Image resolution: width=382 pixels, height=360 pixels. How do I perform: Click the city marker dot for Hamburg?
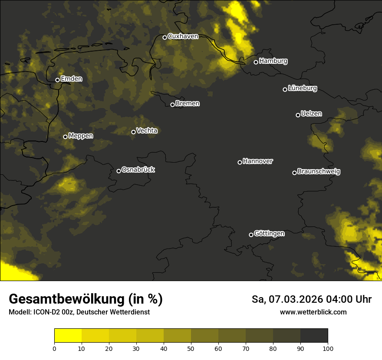[256, 62]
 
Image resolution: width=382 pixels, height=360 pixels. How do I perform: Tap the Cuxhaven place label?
[183, 36]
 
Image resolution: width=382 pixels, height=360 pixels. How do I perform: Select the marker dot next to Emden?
[57, 80]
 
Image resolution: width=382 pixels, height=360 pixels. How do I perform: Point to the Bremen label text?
[188, 104]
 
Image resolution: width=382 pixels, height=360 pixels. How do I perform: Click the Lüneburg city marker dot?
[285, 89]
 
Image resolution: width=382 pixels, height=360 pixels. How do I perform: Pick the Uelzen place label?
[311, 114]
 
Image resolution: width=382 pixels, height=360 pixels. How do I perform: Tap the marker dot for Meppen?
[65, 137]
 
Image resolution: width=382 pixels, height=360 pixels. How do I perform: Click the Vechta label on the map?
[147, 131]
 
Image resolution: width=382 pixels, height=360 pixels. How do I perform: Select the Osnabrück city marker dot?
[119, 171]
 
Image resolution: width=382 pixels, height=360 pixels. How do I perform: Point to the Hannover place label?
[258, 161]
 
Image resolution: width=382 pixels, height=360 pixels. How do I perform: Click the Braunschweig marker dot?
[294, 173]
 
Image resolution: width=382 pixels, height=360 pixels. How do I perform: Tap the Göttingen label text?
[269, 233]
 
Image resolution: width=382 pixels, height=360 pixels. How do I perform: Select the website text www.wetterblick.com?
[313, 312]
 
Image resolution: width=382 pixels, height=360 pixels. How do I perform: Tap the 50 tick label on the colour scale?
[191, 348]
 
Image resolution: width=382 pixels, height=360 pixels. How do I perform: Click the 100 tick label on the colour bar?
[328, 348]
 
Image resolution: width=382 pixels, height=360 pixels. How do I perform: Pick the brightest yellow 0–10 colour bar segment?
[68, 335]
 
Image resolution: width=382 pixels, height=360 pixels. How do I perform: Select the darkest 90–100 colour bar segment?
[314, 335]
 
